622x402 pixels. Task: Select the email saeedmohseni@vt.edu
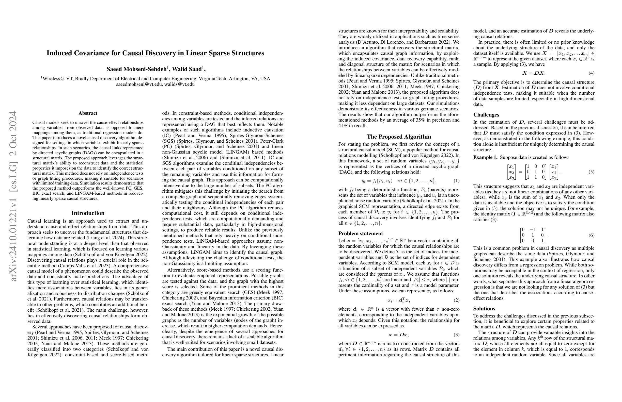coord(139,84)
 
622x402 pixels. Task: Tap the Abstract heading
coord(88,113)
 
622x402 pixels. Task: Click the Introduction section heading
coord(88,213)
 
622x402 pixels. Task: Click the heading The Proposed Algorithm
coord(399,137)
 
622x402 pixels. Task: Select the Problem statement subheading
coord(360,233)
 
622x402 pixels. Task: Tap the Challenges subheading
coord(486,115)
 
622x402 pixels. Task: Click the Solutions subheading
coord(484,309)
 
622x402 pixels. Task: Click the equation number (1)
coord(456,181)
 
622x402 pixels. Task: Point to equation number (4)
coord(592,73)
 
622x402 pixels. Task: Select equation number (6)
coord(592,235)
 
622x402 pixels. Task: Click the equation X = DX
coord(534,73)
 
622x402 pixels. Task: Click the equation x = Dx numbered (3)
coord(399,335)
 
